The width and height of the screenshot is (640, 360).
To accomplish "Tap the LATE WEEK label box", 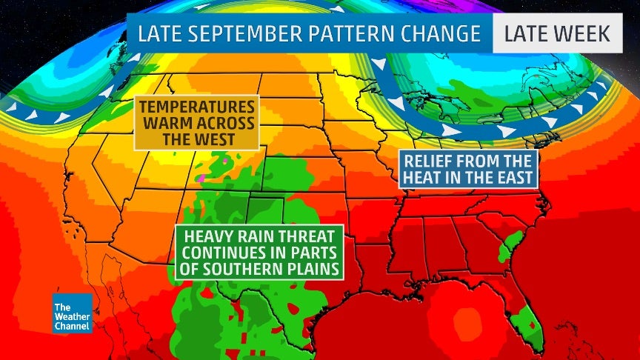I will coord(557,33).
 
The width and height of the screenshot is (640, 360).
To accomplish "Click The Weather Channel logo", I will coord(72,313).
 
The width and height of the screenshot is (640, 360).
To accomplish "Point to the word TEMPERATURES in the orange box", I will coord(196,106).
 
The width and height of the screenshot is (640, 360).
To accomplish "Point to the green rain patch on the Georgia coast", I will coord(507,248).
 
